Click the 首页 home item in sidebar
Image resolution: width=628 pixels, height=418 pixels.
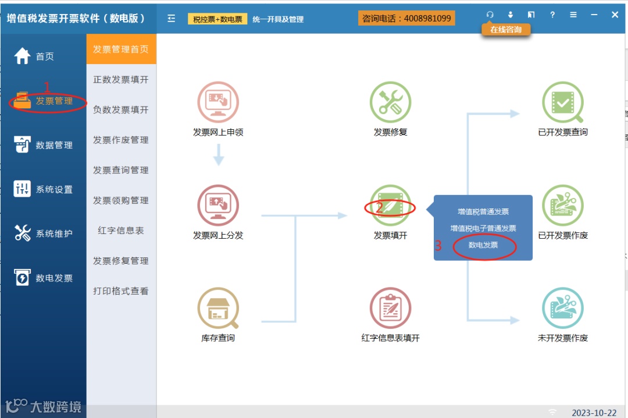35,56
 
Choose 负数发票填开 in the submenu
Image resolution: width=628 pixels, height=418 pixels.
121,109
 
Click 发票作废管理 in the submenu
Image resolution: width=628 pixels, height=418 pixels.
121,140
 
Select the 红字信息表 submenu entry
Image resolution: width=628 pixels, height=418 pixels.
121,231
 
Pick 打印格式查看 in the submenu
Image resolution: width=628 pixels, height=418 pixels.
121,291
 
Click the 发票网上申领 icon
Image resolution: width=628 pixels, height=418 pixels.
218,102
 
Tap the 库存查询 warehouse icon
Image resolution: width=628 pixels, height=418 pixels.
218,309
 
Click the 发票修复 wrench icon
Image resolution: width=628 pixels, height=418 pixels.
390,102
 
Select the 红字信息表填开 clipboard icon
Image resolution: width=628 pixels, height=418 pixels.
390,309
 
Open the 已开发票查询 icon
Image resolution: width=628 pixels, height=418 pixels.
562,102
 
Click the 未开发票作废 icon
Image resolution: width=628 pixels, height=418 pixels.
562,309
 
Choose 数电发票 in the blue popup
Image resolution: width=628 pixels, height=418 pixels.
483,245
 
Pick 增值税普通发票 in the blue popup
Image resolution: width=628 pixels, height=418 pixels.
483,212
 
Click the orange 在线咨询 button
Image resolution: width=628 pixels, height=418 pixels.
506,29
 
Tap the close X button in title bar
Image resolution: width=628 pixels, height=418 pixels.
615,15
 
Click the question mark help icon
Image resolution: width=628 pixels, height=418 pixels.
552,15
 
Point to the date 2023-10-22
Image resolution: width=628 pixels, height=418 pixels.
594,412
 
